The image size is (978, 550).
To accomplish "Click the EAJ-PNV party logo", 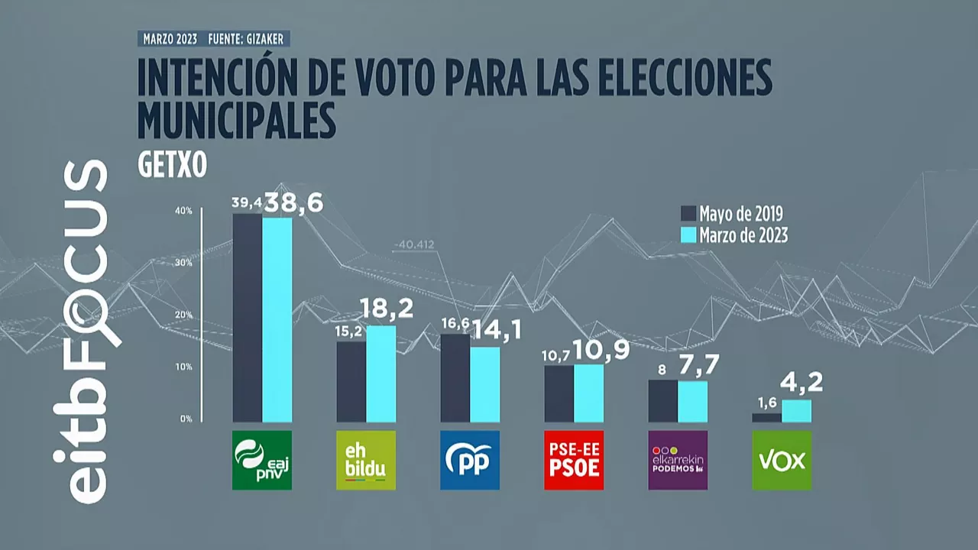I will point(262,460).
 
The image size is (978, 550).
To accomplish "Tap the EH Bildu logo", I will point(366,460).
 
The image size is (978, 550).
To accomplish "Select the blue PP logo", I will point(470,460).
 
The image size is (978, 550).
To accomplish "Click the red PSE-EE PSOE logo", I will point(574,460).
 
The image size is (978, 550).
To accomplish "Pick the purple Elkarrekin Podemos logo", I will point(678,460).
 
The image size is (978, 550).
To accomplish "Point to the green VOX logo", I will point(782,460).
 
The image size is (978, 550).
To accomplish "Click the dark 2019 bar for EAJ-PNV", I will point(248,317).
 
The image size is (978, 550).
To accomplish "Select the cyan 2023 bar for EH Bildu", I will point(381,374).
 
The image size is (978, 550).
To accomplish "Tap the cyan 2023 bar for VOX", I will point(796,411).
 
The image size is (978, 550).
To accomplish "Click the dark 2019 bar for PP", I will point(455,377).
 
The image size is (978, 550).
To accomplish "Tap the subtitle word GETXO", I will point(172,167).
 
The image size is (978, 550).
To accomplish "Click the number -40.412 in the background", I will point(414,245).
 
